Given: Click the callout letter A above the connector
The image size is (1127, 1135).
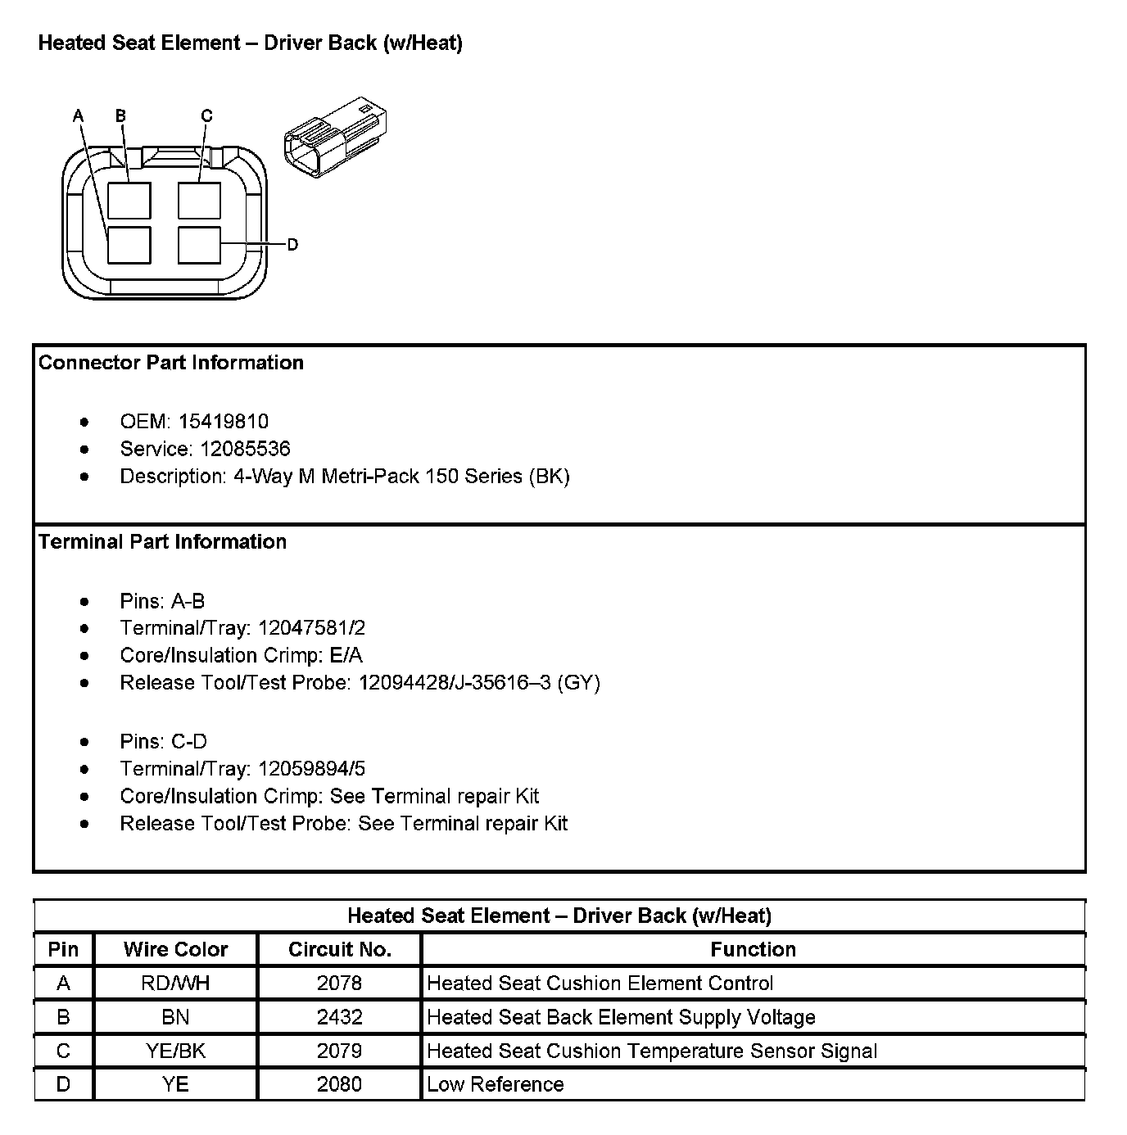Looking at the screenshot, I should click(x=79, y=115).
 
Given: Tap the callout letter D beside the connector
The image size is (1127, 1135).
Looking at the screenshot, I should click(x=292, y=244).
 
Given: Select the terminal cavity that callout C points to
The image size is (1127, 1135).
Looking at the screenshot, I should click(x=199, y=201).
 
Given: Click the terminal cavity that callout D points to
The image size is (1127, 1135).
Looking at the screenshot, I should click(x=199, y=245).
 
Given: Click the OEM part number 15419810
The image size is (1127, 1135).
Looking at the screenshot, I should click(x=224, y=422).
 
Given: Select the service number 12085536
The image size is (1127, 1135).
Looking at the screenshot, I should click(x=233, y=449).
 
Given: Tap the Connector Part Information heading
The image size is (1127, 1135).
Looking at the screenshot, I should click(x=171, y=363).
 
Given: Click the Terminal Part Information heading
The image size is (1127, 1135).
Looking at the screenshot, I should click(x=163, y=542).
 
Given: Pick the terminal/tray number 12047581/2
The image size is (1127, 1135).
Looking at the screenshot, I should click(x=311, y=628).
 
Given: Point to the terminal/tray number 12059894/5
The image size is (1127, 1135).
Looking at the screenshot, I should click(x=311, y=769).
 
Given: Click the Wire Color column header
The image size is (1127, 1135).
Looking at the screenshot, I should click(x=175, y=949).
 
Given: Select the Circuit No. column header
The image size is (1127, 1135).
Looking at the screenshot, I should click(x=340, y=949).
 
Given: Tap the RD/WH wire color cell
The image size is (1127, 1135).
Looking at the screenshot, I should click(x=175, y=983).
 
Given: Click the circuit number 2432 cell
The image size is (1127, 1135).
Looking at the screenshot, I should click(x=340, y=1017).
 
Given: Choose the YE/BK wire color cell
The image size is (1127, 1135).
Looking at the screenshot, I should click(x=175, y=1051).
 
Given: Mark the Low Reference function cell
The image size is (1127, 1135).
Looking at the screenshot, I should click(x=496, y=1084).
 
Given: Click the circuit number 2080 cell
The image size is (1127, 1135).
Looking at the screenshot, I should click(x=340, y=1084).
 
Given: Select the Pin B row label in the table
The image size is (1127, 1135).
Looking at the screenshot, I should click(x=63, y=1017).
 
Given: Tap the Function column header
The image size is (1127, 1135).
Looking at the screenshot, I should click(x=753, y=949).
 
